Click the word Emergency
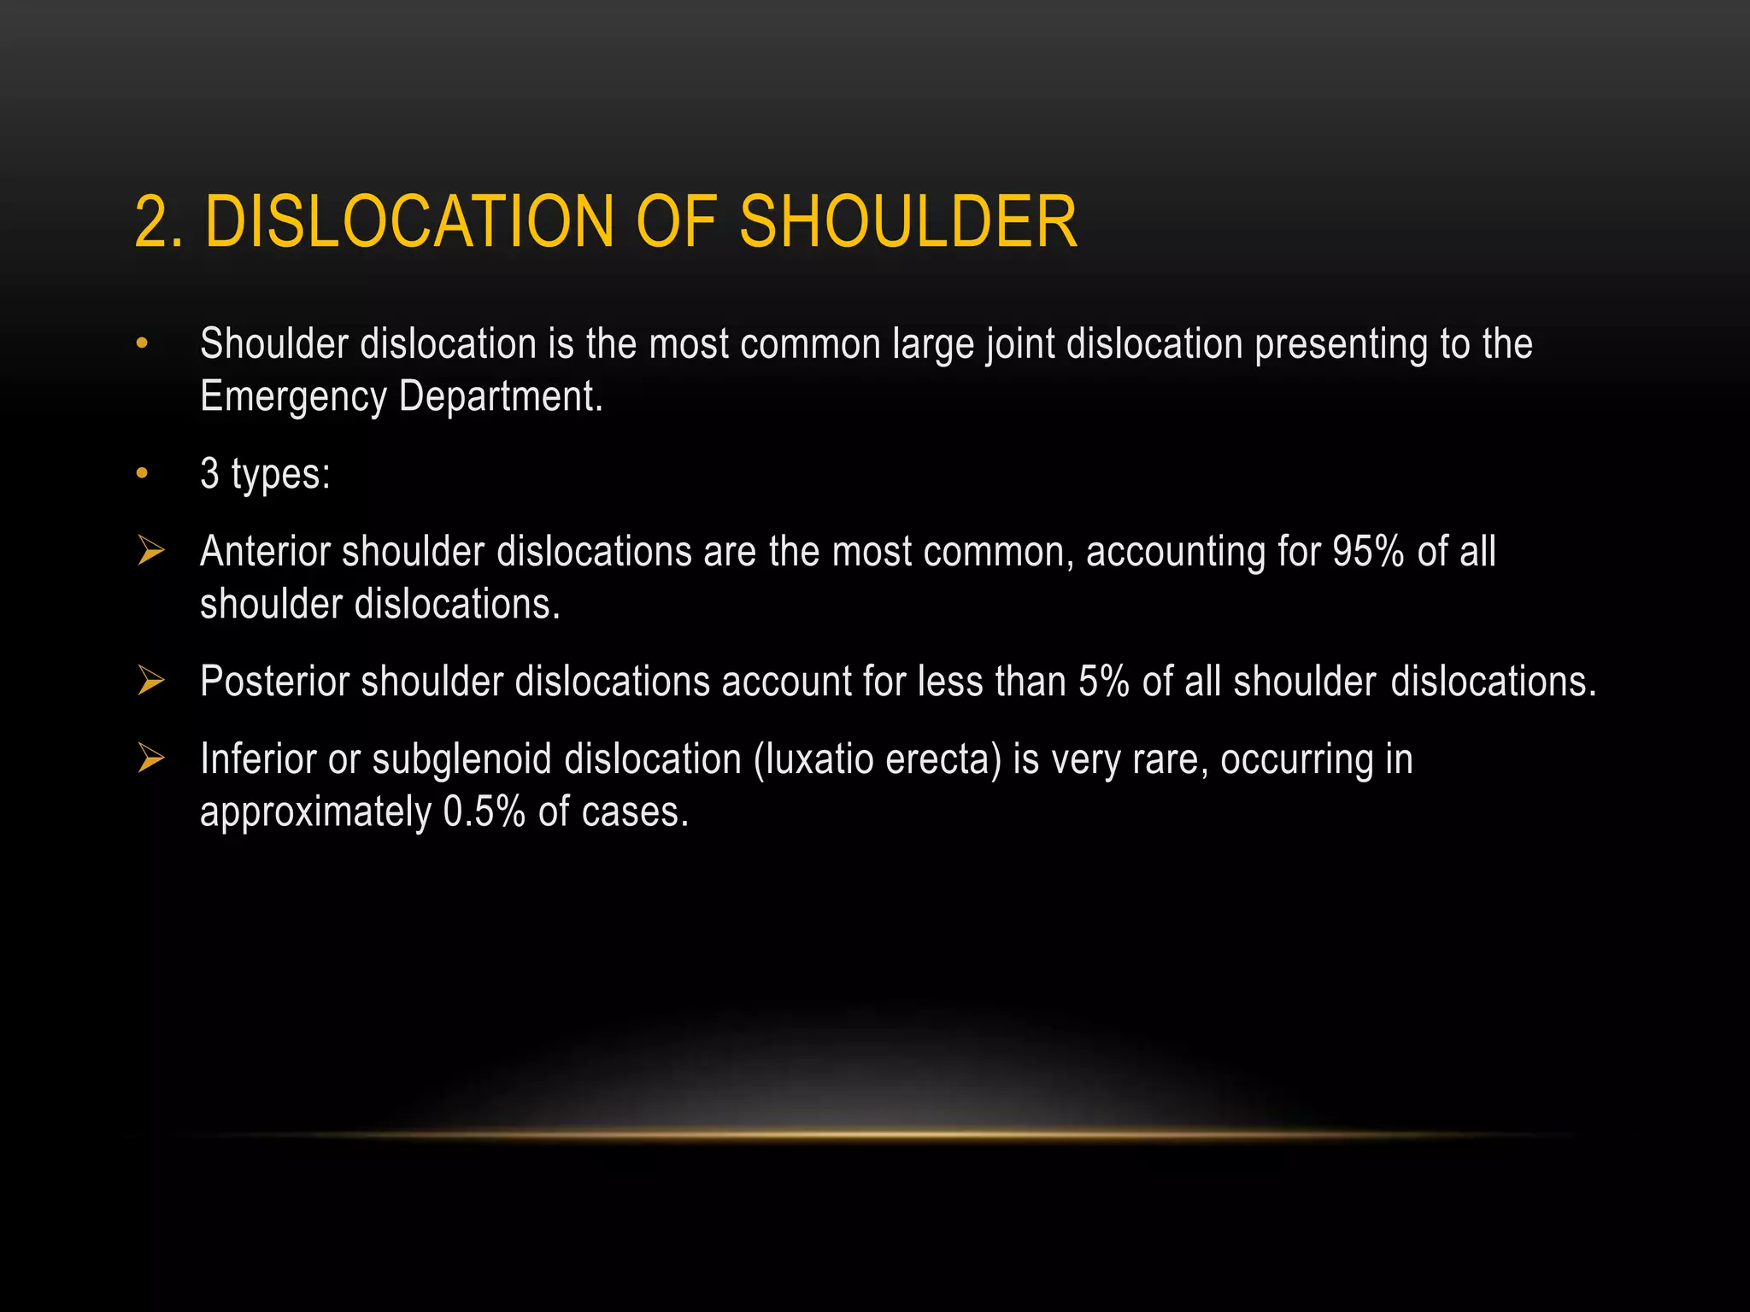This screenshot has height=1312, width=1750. (293, 397)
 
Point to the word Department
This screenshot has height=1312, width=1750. (501, 396)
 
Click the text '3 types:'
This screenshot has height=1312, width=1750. (265, 473)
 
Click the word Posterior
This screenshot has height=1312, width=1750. (274, 682)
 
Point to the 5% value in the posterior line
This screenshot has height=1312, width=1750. (1103, 682)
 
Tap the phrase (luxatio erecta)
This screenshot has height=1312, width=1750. (877, 759)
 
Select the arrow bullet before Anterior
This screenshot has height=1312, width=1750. (150, 551)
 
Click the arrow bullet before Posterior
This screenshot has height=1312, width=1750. (150, 681)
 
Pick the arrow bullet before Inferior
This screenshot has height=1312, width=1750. (150, 758)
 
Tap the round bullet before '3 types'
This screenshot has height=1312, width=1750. (142, 473)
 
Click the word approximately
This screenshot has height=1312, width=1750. (315, 812)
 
